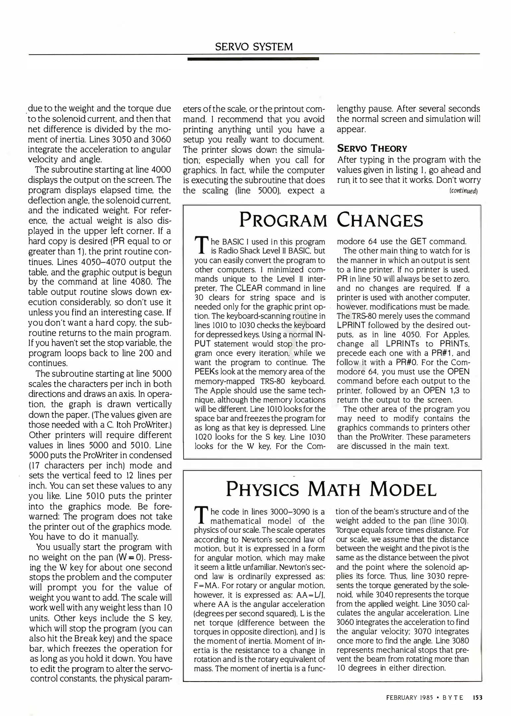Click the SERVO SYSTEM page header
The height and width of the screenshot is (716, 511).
[x=254, y=47]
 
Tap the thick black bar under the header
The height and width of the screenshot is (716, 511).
[x=253, y=59]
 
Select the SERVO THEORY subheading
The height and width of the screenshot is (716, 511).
[x=372, y=148]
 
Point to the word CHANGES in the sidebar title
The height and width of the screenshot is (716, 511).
[x=380, y=220]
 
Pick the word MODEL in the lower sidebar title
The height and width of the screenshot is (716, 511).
[x=403, y=489]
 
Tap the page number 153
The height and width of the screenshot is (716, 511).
[x=478, y=697]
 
